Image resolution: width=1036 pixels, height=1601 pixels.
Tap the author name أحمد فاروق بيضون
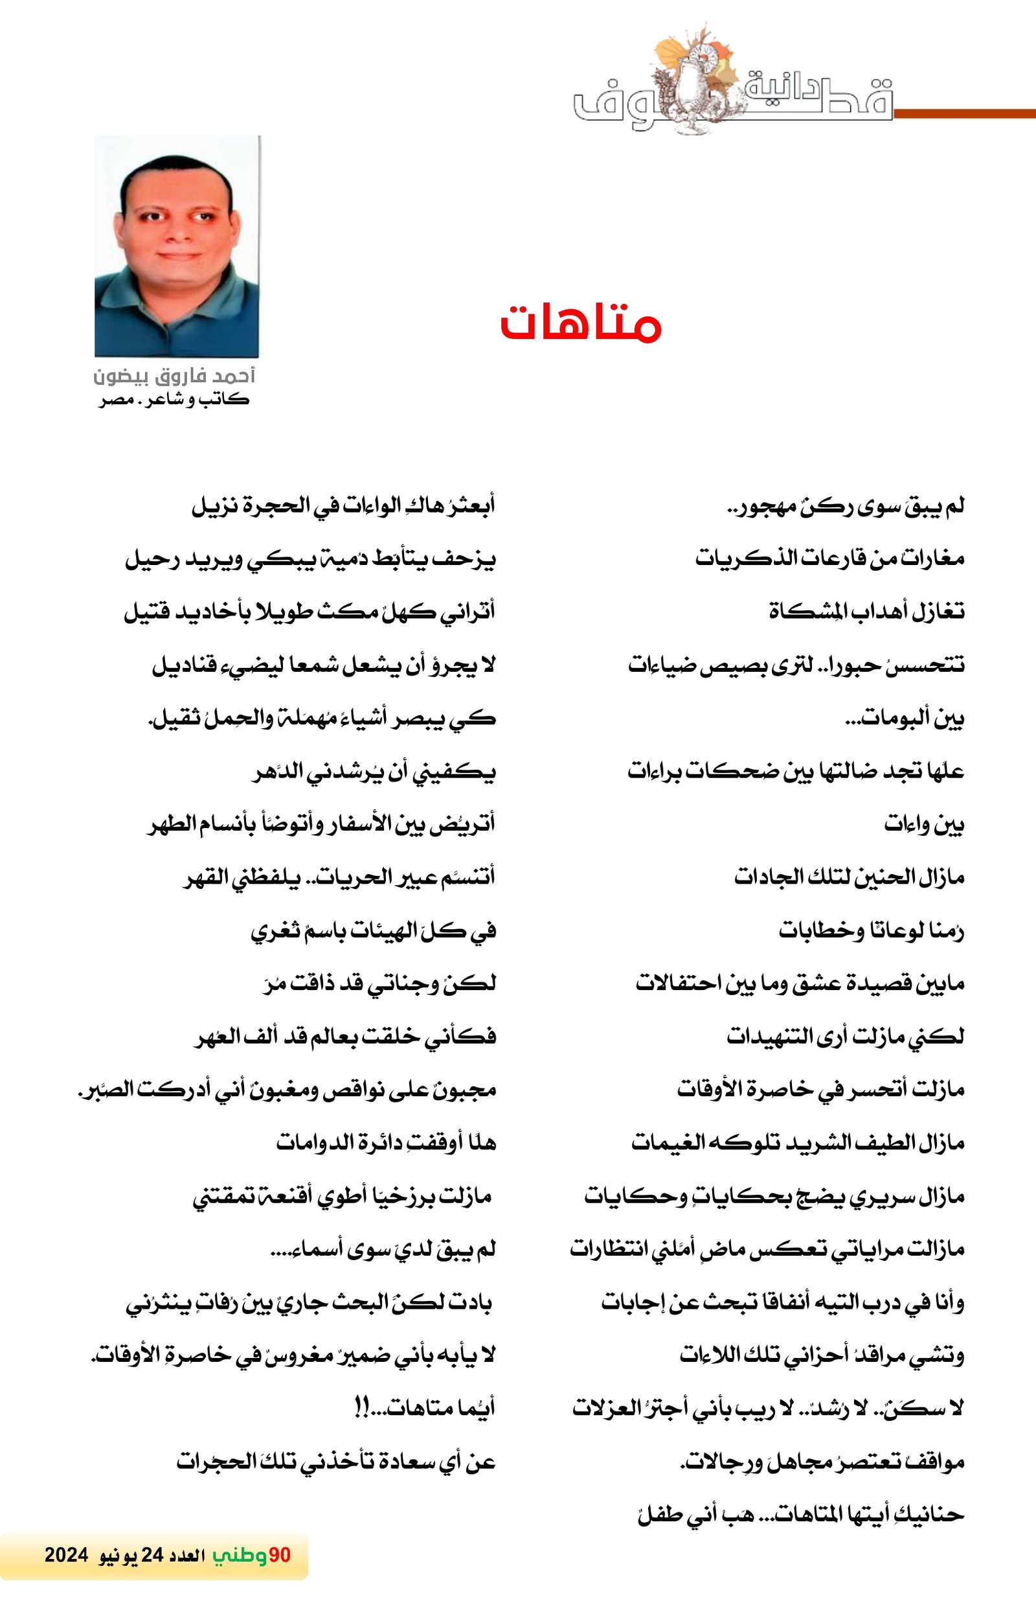pyautogui.click(x=174, y=376)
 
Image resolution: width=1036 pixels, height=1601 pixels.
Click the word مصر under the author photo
pyautogui.click(x=115, y=400)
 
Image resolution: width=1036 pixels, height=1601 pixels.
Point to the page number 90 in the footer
pyautogui.click(x=279, y=1554)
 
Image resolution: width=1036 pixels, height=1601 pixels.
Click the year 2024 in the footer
pyautogui.click(x=67, y=1554)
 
